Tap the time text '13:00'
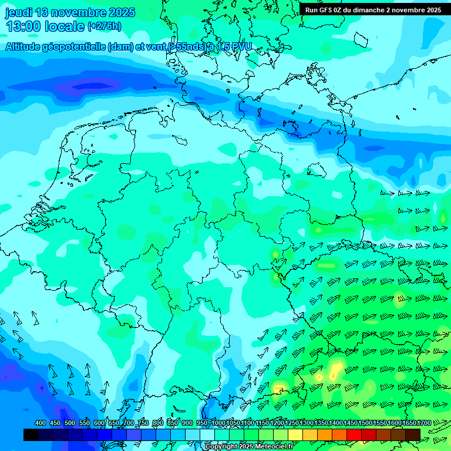point(23,26)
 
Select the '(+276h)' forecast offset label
point(105,26)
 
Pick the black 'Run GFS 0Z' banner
point(373,9)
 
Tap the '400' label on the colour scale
point(41,423)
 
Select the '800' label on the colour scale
point(158,423)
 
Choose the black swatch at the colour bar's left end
point(31,435)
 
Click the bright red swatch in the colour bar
point(354,435)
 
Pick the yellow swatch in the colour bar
point(295,435)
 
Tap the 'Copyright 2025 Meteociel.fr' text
point(249,447)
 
